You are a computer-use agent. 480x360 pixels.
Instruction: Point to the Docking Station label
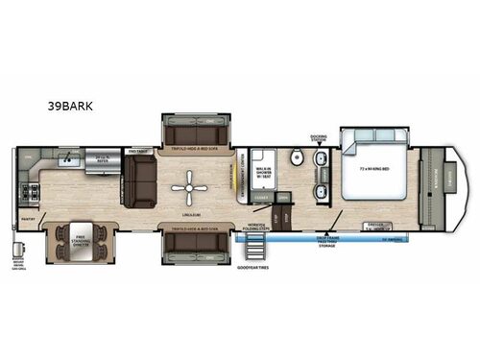(320, 137)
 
